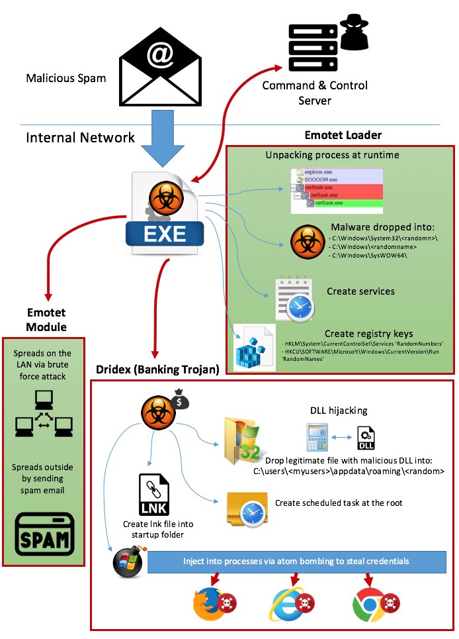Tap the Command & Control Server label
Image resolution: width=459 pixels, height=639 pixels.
click(x=315, y=93)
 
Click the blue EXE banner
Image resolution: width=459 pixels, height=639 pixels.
click(x=165, y=234)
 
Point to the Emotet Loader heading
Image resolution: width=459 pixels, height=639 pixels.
click(x=343, y=135)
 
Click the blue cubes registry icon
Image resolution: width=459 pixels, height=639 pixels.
click(x=255, y=346)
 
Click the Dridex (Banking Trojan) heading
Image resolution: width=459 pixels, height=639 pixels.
click(x=157, y=369)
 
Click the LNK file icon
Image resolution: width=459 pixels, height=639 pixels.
click(x=154, y=495)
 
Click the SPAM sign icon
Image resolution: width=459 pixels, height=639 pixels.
click(x=44, y=534)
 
